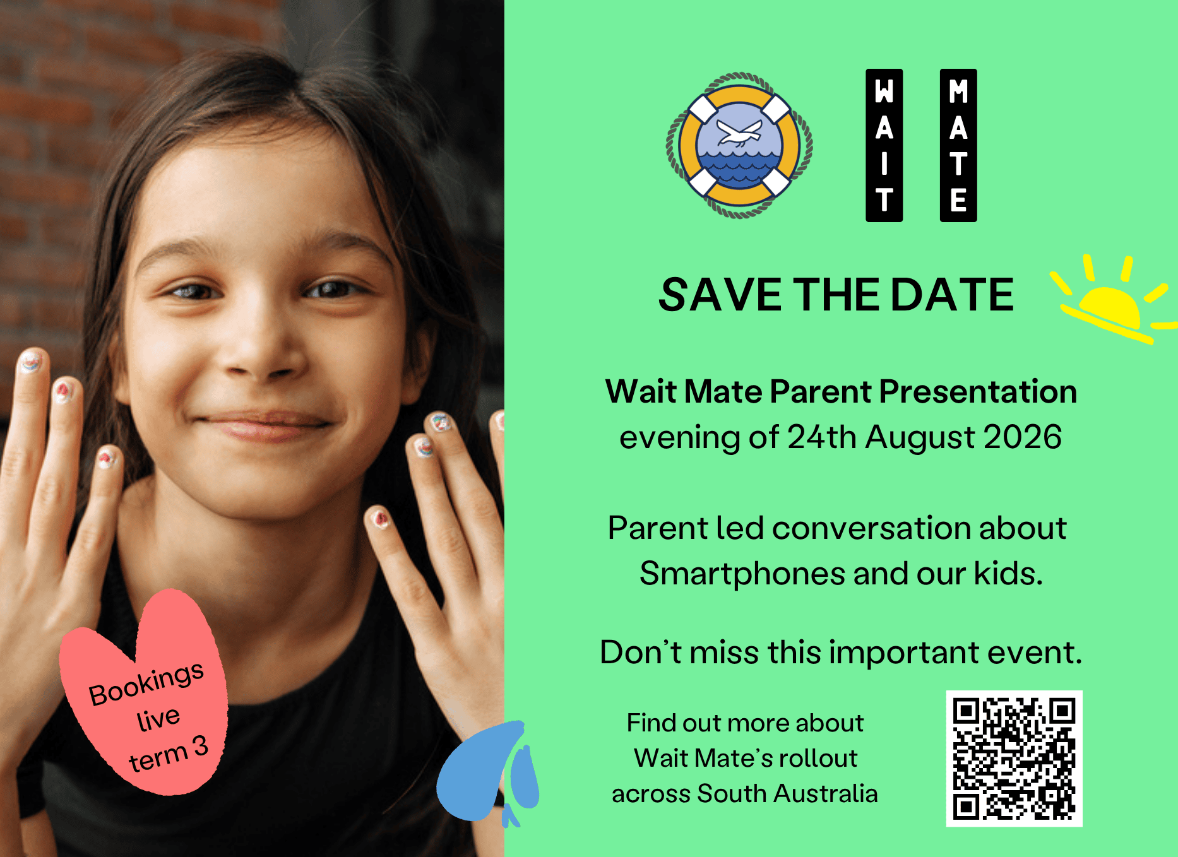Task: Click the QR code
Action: tap(1014, 758)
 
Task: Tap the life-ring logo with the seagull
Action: tap(739, 146)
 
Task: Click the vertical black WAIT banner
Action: tap(884, 145)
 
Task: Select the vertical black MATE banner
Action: tap(958, 145)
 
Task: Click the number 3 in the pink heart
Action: tap(200, 747)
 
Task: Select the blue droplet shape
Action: tap(487, 773)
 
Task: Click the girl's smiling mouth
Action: tap(265, 424)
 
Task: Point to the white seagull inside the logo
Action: tap(740, 133)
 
